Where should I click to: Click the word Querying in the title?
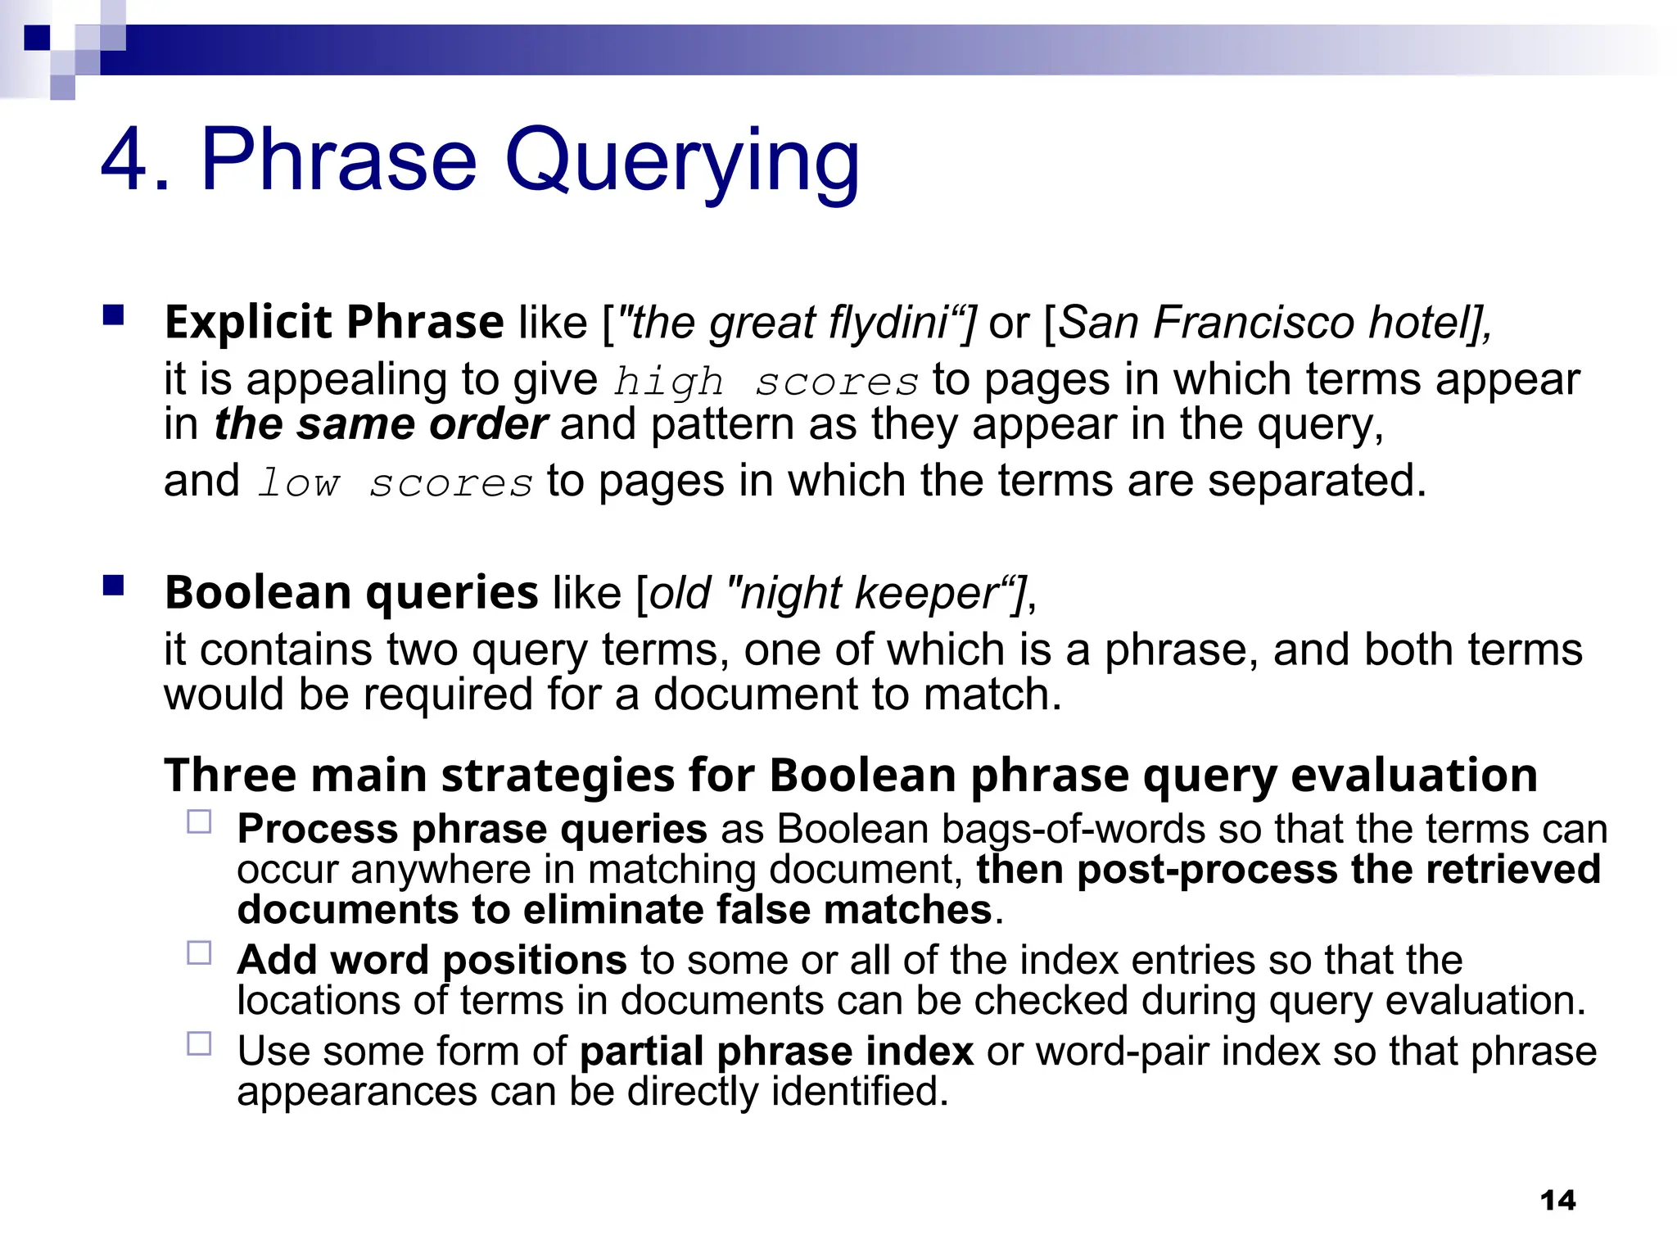click(x=681, y=161)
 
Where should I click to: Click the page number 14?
click(x=1557, y=1201)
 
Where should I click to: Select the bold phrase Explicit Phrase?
click(x=334, y=322)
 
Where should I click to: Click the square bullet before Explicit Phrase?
click(x=113, y=315)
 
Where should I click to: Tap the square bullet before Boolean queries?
click(x=113, y=586)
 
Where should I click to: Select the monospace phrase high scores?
click(x=766, y=382)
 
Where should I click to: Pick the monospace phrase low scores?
click(x=395, y=483)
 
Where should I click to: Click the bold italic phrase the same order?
click(x=381, y=425)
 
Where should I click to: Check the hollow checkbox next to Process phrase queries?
click(x=199, y=821)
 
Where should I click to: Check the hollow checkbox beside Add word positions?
click(x=199, y=953)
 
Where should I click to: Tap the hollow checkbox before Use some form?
click(x=199, y=1043)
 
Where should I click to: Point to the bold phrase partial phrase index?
click(x=776, y=1052)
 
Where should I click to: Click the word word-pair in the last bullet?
click(x=1122, y=1052)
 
